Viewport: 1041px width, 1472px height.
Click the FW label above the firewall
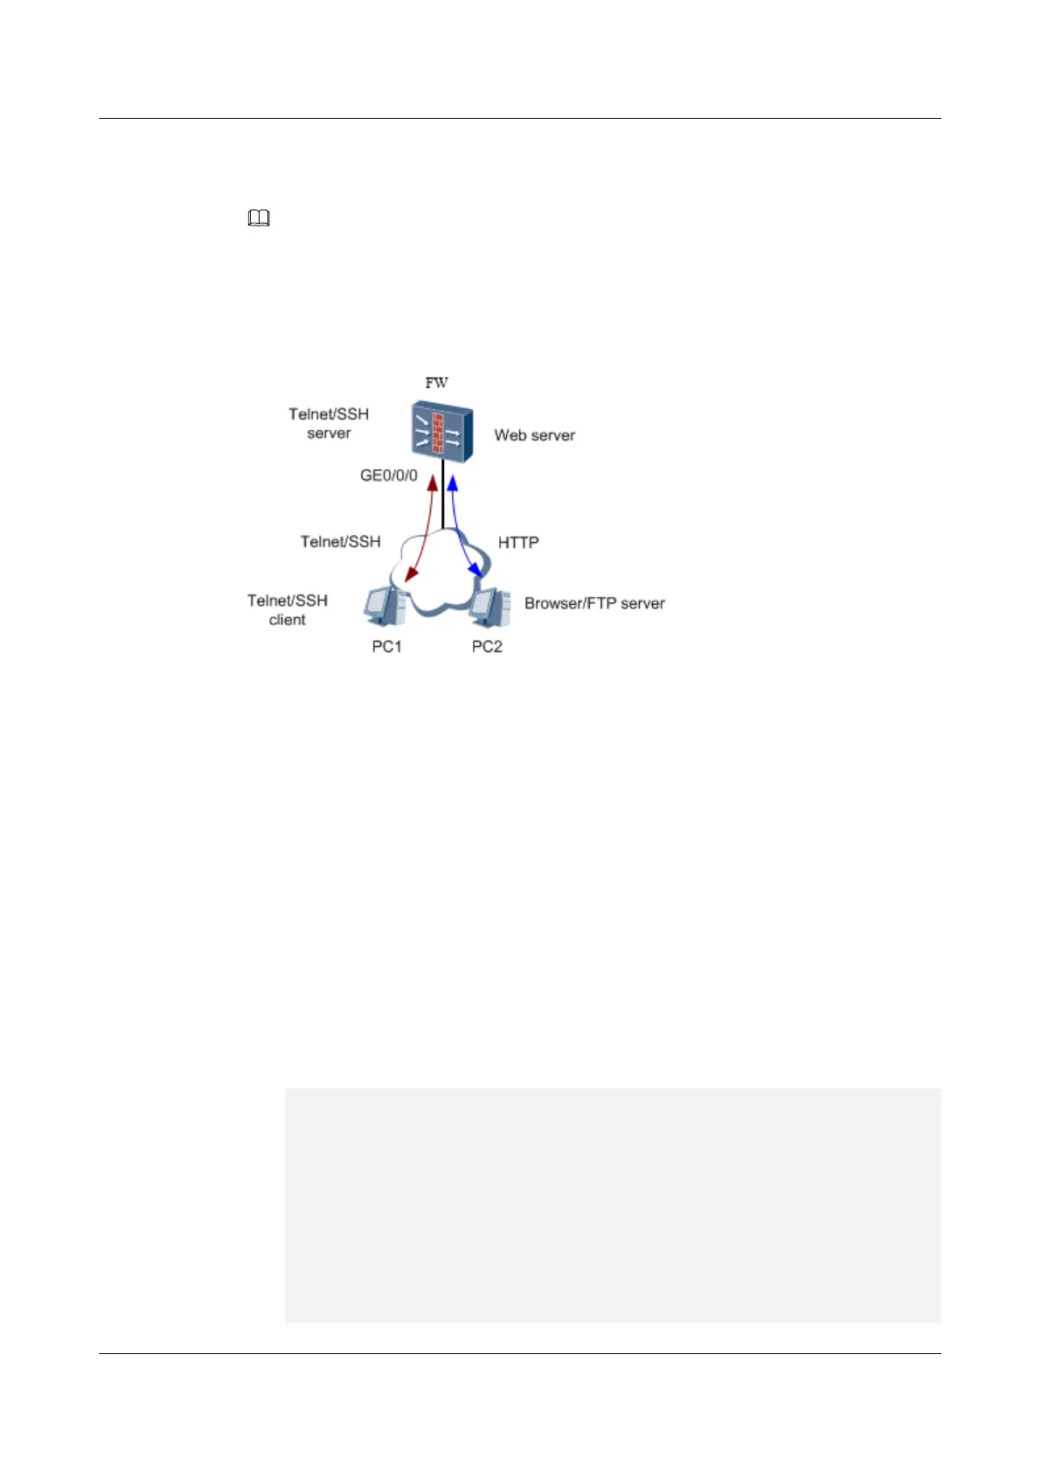pyautogui.click(x=436, y=383)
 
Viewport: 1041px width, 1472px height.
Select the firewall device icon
pyautogui.click(x=442, y=431)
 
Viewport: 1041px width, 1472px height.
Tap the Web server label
pyautogui.click(x=534, y=435)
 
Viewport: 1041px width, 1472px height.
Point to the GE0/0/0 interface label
pyautogui.click(x=389, y=476)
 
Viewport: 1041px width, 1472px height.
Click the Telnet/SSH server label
pyautogui.click(x=329, y=423)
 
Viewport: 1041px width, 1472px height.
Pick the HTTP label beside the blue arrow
pyautogui.click(x=518, y=543)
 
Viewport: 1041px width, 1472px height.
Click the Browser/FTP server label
pyautogui.click(x=594, y=603)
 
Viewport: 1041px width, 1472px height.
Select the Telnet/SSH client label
pyautogui.click(x=288, y=610)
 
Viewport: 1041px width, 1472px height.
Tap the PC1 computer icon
pyautogui.click(x=385, y=607)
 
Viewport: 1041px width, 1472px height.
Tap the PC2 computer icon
pyautogui.click(x=489, y=607)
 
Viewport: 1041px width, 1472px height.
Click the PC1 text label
pyautogui.click(x=386, y=647)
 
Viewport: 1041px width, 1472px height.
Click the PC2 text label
pyautogui.click(x=487, y=647)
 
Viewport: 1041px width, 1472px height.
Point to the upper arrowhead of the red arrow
pyautogui.click(x=432, y=480)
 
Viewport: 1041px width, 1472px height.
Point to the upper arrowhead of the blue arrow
pyautogui.click(x=453, y=480)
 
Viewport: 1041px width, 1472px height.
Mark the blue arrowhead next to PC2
pyautogui.click(x=476, y=571)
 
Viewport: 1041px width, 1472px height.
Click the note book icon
pyautogui.click(x=259, y=219)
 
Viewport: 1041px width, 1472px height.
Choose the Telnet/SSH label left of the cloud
pyautogui.click(x=340, y=542)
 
